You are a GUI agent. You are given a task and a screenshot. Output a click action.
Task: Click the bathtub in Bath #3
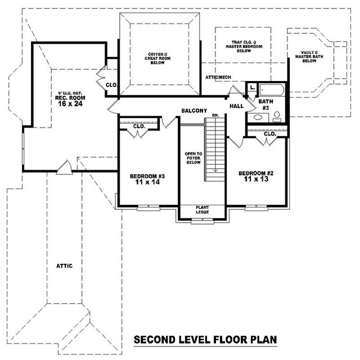click(272, 90)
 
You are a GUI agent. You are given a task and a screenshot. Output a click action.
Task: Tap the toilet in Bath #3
click(277, 116)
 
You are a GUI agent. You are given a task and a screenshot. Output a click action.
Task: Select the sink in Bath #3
click(258, 117)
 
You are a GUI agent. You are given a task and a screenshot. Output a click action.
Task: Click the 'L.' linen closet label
click(253, 88)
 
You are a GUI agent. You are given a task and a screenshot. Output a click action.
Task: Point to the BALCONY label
click(194, 111)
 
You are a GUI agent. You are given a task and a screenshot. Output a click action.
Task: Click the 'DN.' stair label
click(215, 115)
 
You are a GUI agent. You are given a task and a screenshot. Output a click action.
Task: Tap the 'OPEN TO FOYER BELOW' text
click(193, 158)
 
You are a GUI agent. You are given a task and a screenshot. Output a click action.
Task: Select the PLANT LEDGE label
click(202, 210)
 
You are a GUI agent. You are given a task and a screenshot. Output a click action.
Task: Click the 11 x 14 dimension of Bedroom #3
click(147, 182)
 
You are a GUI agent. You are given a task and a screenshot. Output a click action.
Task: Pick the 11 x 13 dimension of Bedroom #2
click(256, 179)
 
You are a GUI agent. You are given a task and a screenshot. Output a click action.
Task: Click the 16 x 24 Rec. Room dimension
click(70, 103)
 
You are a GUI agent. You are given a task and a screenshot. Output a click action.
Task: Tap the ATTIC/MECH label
click(218, 78)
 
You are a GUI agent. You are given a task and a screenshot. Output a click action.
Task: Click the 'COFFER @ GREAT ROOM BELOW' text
click(157, 58)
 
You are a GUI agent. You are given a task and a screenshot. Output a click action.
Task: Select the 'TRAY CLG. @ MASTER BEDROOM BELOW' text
click(244, 46)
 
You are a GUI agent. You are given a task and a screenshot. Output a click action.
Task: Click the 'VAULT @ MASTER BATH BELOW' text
click(309, 57)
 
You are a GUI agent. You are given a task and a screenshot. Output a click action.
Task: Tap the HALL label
click(236, 106)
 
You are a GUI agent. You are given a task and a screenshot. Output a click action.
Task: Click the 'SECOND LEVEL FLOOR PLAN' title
click(205, 340)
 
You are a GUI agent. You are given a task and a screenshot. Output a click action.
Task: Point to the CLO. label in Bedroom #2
click(270, 134)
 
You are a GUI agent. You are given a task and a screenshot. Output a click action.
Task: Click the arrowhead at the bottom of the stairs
click(215, 170)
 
